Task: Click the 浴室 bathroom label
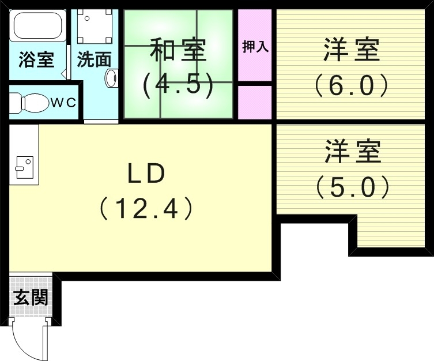tap(36, 60)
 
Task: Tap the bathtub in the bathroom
tap(37, 26)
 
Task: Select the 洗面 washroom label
tap(94, 60)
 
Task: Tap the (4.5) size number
tap(178, 85)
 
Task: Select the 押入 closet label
tap(255, 47)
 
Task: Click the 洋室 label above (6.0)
tap(351, 51)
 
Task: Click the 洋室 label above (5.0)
tap(352, 151)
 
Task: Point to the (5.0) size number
tap(352, 186)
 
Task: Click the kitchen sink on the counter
tap(23, 167)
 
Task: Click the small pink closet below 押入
tap(254, 101)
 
